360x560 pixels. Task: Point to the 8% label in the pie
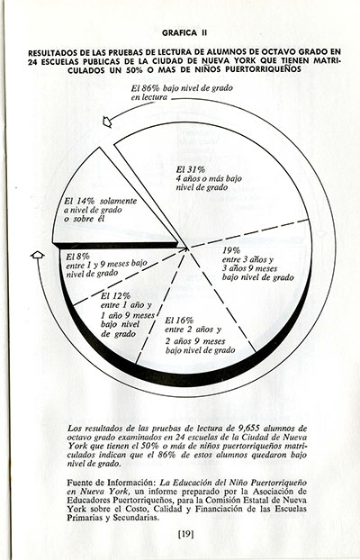point(80,256)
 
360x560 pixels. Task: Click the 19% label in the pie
point(230,249)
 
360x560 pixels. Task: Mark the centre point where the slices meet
point(187,245)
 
